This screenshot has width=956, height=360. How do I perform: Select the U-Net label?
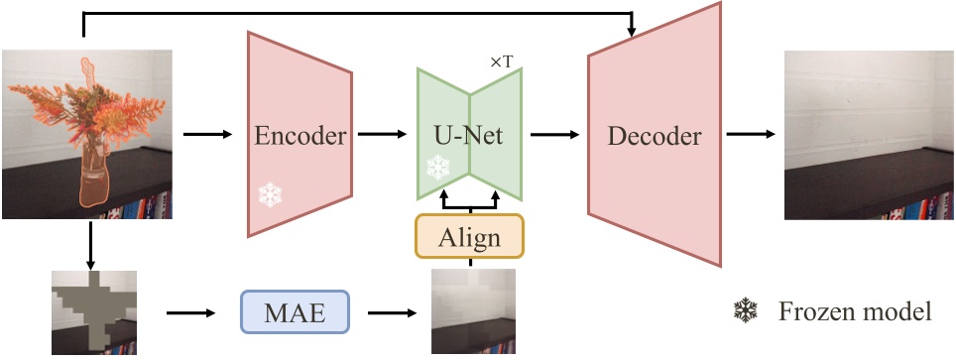coord(470,136)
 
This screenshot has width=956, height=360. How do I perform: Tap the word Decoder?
coord(655,137)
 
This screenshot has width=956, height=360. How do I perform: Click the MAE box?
coord(296,312)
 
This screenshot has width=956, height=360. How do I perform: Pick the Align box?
coord(469,238)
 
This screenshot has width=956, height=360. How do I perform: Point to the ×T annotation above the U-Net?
coord(501,61)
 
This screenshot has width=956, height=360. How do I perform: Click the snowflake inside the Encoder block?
coord(271,194)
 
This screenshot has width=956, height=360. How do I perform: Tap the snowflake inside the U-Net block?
coord(437,167)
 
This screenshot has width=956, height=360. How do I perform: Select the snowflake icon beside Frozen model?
coord(743,312)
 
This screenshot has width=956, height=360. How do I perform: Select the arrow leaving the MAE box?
coord(392,312)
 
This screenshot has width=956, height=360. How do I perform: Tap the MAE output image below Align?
coord(473,312)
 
